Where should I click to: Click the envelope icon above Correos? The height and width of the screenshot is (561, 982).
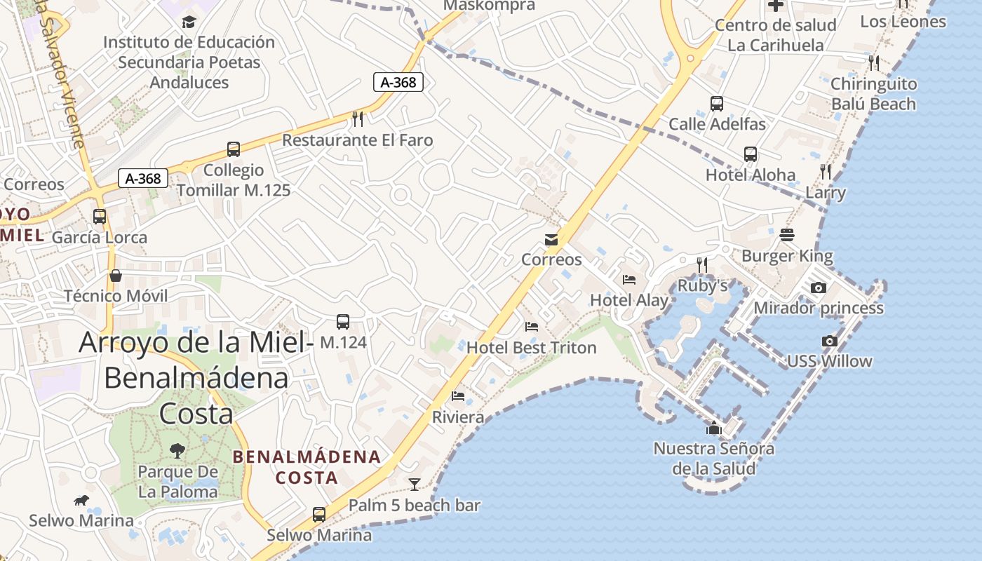coord(551,240)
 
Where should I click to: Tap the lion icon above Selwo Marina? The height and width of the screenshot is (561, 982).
coord(81,501)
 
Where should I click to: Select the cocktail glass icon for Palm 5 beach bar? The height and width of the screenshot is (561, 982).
coord(415,484)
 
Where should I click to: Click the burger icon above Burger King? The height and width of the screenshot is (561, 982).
coord(787,235)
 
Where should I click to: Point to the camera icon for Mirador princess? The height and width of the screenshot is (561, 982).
coord(818,288)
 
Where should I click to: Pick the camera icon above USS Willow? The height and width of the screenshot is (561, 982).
coord(830,341)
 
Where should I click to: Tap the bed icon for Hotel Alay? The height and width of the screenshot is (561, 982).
coord(629,280)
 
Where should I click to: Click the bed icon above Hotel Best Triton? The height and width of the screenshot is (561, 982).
coord(532,327)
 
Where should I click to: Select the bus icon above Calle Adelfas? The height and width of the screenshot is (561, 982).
coord(717,104)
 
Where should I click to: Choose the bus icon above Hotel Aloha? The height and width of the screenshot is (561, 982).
coord(751,154)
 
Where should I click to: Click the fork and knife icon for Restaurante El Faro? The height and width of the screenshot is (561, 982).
coord(358,119)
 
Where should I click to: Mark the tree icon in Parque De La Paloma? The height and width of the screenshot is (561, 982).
coord(177,450)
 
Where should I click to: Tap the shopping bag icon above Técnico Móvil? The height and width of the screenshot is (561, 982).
coord(116,276)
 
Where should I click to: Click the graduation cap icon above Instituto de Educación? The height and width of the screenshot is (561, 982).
coord(189,22)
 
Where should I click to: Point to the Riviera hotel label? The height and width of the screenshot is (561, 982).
coord(458,417)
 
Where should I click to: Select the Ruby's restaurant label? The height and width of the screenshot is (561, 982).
coord(702,286)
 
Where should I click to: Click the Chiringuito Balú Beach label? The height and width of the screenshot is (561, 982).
coord(873,94)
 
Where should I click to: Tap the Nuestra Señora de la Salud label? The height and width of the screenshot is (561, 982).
coord(714,458)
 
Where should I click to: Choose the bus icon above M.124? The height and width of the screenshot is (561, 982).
coord(343,322)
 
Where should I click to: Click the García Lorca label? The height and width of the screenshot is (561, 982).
coord(100,238)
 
